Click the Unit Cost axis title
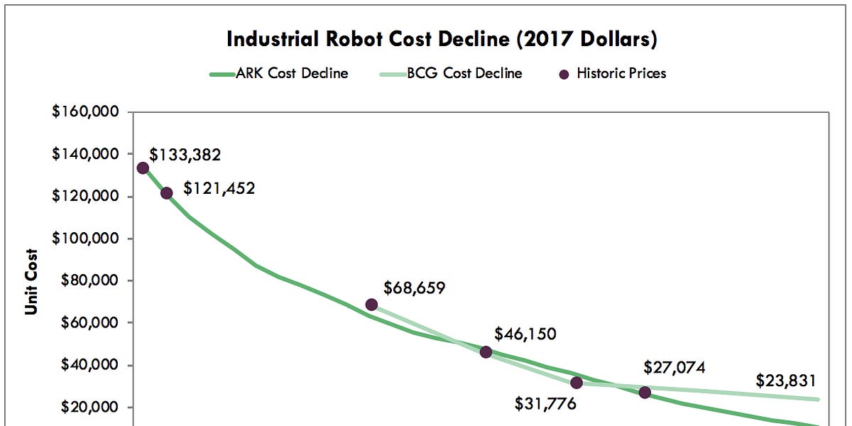pyautogui.click(x=32, y=280)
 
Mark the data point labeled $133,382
pyautogui.click(x=143, y=168)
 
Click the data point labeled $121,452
pyautogui.click(x=167, y=193)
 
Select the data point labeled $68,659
pyautogui.click(x=371, y=305)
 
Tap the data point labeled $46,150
pyautogui.click(x=486, y=352)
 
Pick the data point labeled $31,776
pyautogui.click(x=577, y=383)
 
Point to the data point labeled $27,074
pyautogui.click(x=645, y=393)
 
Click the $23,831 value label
pyautogui.click(x=786, y=379)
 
